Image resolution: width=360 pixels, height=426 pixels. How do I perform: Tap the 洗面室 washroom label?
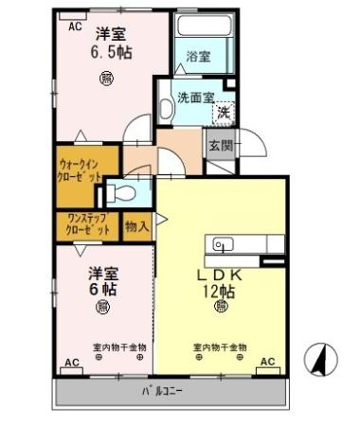(196, 98)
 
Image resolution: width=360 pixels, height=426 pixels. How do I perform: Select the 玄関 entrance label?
(220, 144)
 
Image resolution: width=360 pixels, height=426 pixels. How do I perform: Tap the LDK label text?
(220, 275)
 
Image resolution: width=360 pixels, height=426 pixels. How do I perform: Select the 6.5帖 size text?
(111, 54)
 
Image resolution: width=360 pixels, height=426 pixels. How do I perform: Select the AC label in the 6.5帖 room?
(75, 27)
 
